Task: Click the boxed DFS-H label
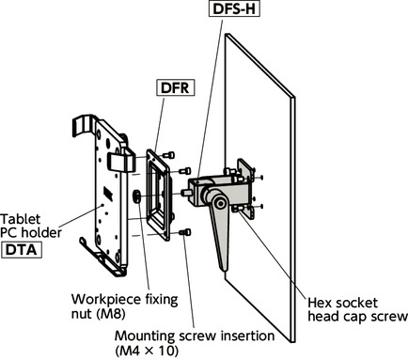[234, 8]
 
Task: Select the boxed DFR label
[175, 87]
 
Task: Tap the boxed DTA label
[22, 250]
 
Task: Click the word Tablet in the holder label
[21, 219]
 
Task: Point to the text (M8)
[111, 313]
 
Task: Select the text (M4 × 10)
[147, 351]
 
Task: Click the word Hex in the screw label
[319, 303]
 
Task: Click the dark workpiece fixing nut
[137, 196]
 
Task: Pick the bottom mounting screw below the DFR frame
[185, 232]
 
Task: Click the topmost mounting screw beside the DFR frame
[168, 155]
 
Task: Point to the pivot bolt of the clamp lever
[221, 204]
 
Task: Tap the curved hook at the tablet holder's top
[82, 125]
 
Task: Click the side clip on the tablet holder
[120, 161]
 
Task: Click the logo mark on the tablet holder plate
[108, 194]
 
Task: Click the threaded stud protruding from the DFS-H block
[185, 193]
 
